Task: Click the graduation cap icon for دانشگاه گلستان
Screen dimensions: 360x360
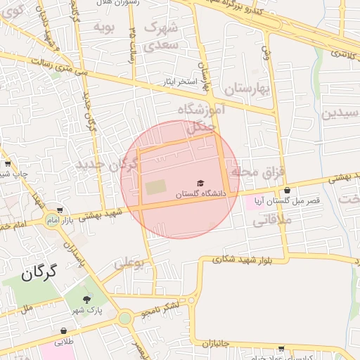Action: point(200,183)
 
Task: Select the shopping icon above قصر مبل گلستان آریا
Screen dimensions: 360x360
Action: point(288,191)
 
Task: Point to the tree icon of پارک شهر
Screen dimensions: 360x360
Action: point(86,300)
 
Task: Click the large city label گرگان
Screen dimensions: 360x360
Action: point(38,274)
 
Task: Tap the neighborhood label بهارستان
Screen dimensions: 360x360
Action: point(247,89)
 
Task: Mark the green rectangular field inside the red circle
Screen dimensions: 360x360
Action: point(156,188)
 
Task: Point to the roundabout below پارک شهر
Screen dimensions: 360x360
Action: point(125,318)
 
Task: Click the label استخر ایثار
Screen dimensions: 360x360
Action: point(182,82)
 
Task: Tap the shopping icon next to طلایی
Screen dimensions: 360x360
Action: point(64,330)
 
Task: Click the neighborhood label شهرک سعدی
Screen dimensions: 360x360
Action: point(162,35)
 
